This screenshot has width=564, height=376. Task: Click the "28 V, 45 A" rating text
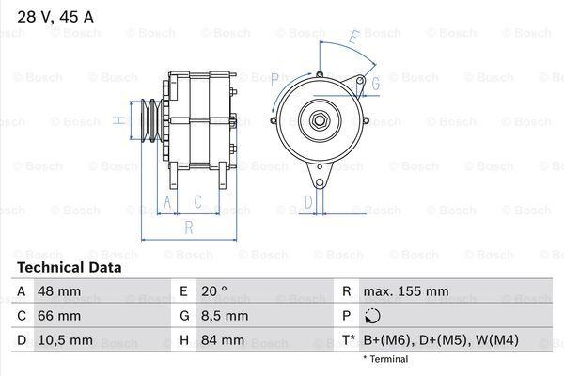55,17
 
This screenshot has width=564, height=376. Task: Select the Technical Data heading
70,267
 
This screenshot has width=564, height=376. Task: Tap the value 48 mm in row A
59,291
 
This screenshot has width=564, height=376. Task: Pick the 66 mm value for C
59,316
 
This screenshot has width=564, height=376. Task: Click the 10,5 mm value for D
65,340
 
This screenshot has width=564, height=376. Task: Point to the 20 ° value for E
214,291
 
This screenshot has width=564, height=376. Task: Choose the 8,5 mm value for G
225,316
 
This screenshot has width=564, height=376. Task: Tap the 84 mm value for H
223,340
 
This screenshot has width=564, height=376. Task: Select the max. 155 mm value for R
406,291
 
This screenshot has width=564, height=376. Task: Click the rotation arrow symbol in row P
372,316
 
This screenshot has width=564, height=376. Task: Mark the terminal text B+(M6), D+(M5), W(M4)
441,340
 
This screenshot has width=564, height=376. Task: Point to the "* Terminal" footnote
385,359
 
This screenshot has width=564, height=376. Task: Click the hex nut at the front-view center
319,120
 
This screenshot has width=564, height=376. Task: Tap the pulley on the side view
151,120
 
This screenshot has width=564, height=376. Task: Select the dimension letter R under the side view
189,227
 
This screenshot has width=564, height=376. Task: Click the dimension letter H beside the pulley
119,120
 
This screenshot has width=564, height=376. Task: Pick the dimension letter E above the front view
354,37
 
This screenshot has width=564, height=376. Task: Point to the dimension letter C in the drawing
197,202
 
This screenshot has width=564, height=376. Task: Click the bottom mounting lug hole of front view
320,183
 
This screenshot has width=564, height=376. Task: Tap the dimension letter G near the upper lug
375,84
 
